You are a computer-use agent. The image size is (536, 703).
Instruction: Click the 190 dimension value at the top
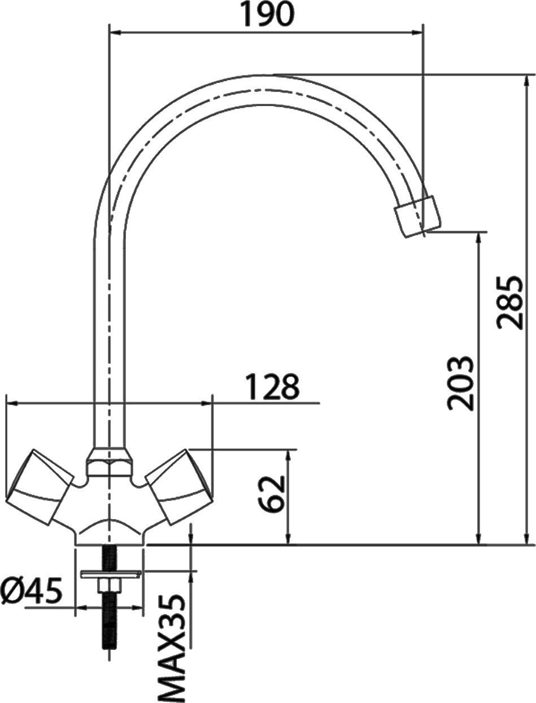pyautogui.click(x=267, y=15)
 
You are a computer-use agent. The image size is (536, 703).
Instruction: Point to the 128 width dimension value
pyautogui.click(x=272, y=388)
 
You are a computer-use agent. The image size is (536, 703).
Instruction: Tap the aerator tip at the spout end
pyautogui.click(x=417, y=216)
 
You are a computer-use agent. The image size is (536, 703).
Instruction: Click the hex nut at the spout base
pyautogui.click(x=110, y=462)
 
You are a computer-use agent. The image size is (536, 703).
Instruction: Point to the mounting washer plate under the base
pyautogui.click(x=110, y=574)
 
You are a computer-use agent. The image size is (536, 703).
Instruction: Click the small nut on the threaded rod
pyautogui.click(x=110, y=585)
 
